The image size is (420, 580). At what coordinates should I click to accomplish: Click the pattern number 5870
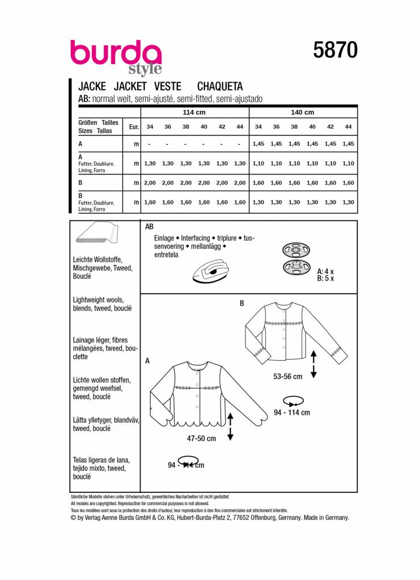[335, 51]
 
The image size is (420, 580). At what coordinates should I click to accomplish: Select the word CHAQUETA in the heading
[219, 87]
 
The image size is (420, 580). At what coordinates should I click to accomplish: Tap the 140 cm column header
[302, 112]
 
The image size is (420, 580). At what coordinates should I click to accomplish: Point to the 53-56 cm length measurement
[287, 376]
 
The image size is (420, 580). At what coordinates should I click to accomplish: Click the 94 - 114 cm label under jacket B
[291, 413]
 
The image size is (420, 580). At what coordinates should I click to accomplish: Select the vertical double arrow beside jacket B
[313, 363]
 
